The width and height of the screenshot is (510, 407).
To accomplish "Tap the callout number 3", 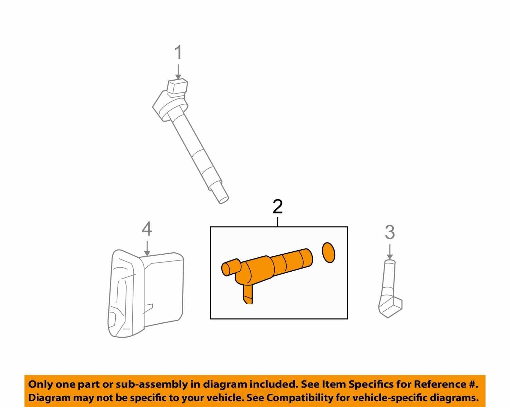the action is tap(390, 232).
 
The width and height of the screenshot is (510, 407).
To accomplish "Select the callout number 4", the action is tap(147, 229).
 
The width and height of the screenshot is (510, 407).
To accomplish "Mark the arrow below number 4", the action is tap(147, 249).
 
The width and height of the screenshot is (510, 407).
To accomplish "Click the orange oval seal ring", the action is tap(329, 253).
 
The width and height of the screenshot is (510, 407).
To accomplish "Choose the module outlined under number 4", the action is tap(146, 293).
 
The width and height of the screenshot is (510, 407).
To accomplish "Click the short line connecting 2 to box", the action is tap(277, 222).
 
